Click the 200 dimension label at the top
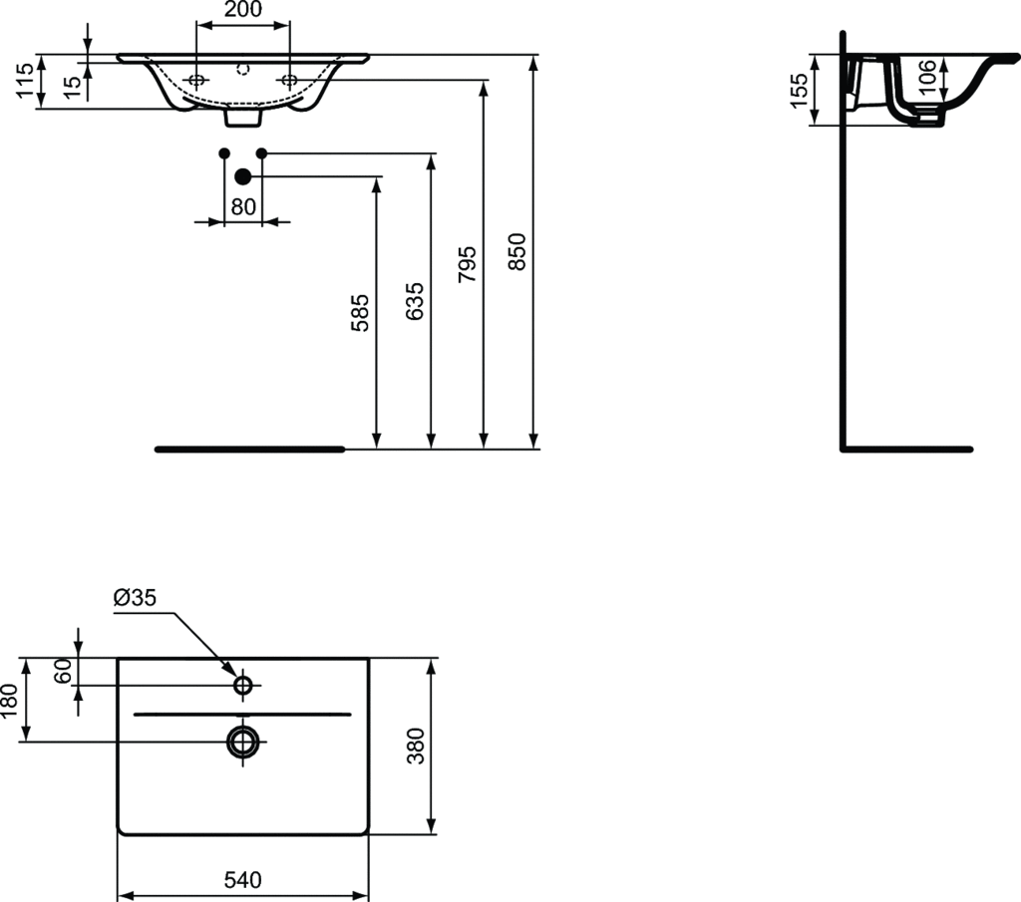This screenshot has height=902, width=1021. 243,9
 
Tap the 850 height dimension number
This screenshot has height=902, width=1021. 517,252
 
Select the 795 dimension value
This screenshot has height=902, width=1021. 467,264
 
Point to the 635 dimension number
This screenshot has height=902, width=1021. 414,301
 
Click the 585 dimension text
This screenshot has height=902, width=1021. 360,313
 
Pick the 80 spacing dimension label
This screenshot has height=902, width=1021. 243,207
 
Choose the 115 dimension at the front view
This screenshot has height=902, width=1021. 25,81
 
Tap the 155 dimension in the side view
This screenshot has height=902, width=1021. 799,91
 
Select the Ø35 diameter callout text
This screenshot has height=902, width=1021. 135,597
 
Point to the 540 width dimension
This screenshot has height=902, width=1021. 243,880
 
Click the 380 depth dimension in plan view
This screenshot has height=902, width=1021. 415,746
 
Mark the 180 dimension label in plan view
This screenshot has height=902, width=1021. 9,701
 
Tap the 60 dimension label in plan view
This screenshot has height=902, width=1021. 63,671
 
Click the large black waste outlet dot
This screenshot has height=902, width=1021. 243,176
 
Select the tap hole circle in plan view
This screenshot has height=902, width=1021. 243,686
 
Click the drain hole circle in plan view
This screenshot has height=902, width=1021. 243,742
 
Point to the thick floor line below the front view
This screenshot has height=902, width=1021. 250,450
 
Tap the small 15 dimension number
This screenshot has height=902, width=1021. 74,87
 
